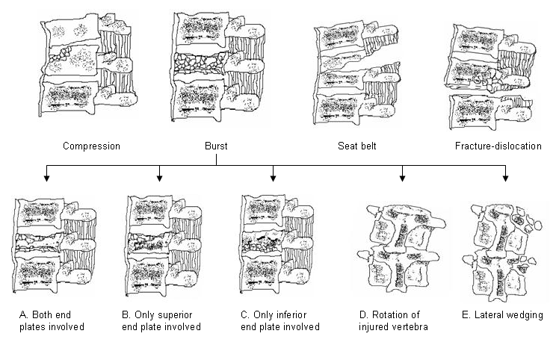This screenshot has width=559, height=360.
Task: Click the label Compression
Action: tap(92, 146)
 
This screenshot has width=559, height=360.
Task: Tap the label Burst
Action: tap(215, 146)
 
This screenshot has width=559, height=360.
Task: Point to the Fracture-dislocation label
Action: tap(498, 146)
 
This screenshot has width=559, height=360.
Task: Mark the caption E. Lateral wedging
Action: tap(502, 315)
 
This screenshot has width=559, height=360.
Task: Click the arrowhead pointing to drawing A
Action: tap(47, 178)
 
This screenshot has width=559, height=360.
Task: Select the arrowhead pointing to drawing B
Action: tap(160, 178)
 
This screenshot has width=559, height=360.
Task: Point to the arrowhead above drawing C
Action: tap(273, 178)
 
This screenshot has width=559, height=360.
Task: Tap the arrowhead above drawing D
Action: tap(404, 178)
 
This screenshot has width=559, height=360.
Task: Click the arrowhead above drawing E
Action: tap(506, 178)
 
